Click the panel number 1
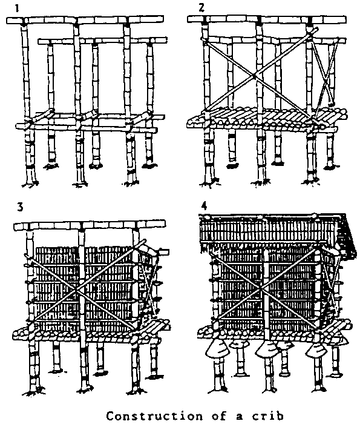(x=18, y=8)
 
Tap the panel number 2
(x=201, y=8)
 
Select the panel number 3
(x=20, y=207)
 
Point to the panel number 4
(x=204, y=206)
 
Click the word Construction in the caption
(x=154, y=416)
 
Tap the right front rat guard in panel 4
(x=316, y=349)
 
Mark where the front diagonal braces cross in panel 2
(x=254, y=77)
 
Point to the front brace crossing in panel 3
(x=78, y=290)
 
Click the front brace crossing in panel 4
(x=261, y=288)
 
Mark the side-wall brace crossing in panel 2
(x=326, y=79)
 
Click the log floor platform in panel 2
(x=266, y=118)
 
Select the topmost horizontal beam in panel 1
(x=85, y=20)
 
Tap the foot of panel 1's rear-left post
(x=50, y=166)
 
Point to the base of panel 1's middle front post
(x=80, y=184)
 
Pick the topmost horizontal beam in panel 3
(x=89, y=225)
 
